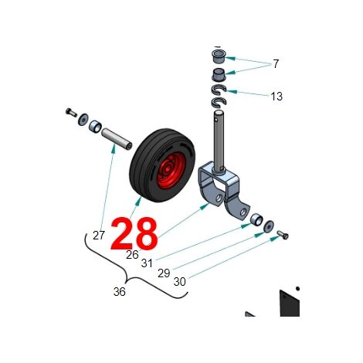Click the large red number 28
[134, 234]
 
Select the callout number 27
[99, 236]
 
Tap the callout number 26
[132, 255]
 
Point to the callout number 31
[147, 263]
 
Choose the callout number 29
[164, 273]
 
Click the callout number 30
[179, 282]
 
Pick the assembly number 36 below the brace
[120, 292]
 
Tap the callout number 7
[276, 64]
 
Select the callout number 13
[276, 97]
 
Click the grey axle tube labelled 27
[117, 141]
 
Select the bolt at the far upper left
[71, 112]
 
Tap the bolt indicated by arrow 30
[283, 235]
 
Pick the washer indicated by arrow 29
[269, 226]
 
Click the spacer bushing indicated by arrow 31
[256, 219]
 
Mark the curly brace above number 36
[127, 278]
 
